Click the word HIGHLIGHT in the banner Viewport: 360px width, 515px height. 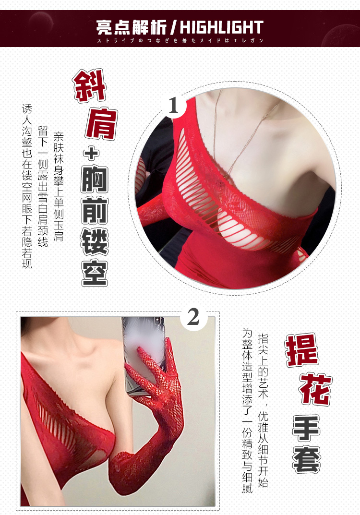point(222,27)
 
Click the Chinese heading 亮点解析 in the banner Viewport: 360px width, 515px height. point(132,27)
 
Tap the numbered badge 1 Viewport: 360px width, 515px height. point(173,106)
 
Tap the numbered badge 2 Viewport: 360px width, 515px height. point(193,317)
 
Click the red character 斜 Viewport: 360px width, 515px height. point(89,86)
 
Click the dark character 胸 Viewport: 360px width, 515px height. point(95,180)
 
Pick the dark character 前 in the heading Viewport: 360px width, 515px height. point(95,211)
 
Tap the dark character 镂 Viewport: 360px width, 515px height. point(95,242)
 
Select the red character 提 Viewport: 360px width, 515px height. point(302,350)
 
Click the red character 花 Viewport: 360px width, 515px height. point(315,389)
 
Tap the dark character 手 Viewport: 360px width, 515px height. point(306,428)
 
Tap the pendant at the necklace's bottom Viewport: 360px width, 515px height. point(226,177)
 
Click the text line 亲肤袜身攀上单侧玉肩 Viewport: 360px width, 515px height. point(59,187)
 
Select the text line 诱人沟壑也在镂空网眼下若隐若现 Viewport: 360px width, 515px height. point(27,186)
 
